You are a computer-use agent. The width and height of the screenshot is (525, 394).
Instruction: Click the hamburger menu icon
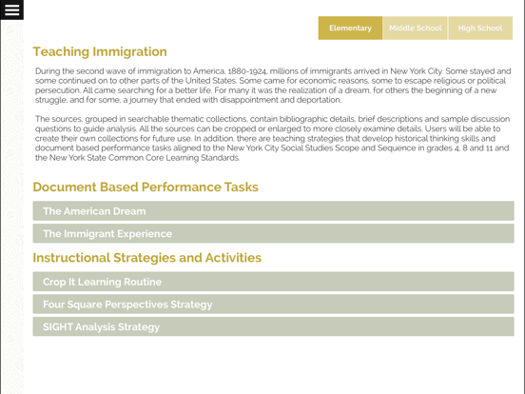tap(11, 10)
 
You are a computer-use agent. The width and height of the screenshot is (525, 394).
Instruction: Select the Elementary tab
tap(350, 29)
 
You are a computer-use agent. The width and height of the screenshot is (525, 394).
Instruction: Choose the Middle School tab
tap(415, 29)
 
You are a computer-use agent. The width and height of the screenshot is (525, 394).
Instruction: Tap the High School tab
tap(480, 29)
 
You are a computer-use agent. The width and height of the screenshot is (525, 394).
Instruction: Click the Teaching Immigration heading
tap(100, 52)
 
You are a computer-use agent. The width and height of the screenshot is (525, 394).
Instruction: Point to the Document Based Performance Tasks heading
tap(146, 187)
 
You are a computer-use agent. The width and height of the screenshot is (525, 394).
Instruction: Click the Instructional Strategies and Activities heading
tap(147, 258)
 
